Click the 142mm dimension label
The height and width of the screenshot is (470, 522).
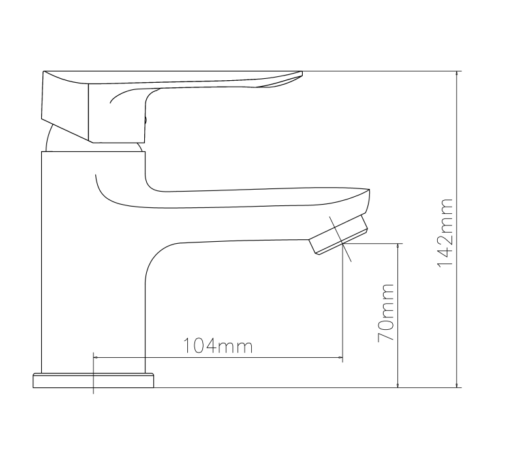coord(445,233)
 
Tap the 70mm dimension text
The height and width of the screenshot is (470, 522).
coord(386,313)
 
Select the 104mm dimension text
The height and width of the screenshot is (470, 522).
coord(218,345)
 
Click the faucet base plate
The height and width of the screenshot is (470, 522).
coord(93,381)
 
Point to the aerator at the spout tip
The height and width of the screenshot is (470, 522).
coord(338,235)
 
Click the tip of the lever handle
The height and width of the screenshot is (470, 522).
coord(301,73)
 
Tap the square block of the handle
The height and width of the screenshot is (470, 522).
coord(117,113)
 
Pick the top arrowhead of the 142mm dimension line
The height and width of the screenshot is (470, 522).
coord(456,74)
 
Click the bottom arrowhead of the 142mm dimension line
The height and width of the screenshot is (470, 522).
coord(456,385)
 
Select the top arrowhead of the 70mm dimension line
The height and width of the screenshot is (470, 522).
coord(398,246)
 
